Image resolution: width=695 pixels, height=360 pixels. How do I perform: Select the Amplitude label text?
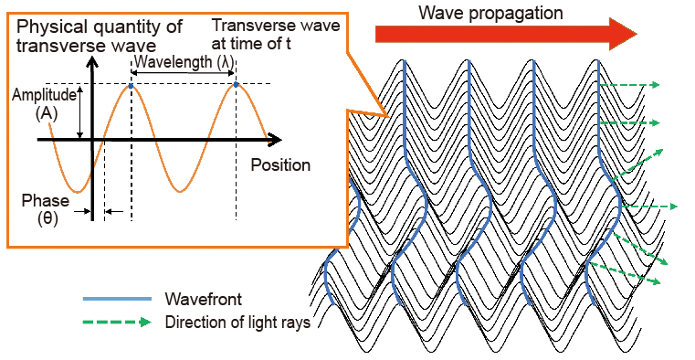[43, 95]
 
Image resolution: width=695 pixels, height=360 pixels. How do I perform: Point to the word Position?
[280, 165]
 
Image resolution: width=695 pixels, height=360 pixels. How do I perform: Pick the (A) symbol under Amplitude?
[43, 113]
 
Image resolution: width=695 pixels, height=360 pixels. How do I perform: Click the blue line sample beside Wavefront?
[117, 299]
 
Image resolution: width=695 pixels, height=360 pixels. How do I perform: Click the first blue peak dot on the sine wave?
[132, 86]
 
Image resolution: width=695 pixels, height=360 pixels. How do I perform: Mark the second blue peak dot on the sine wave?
[236, 86]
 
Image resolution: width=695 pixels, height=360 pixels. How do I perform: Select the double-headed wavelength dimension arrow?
[184, 74]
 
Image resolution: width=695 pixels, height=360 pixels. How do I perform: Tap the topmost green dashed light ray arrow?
[628, 85]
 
